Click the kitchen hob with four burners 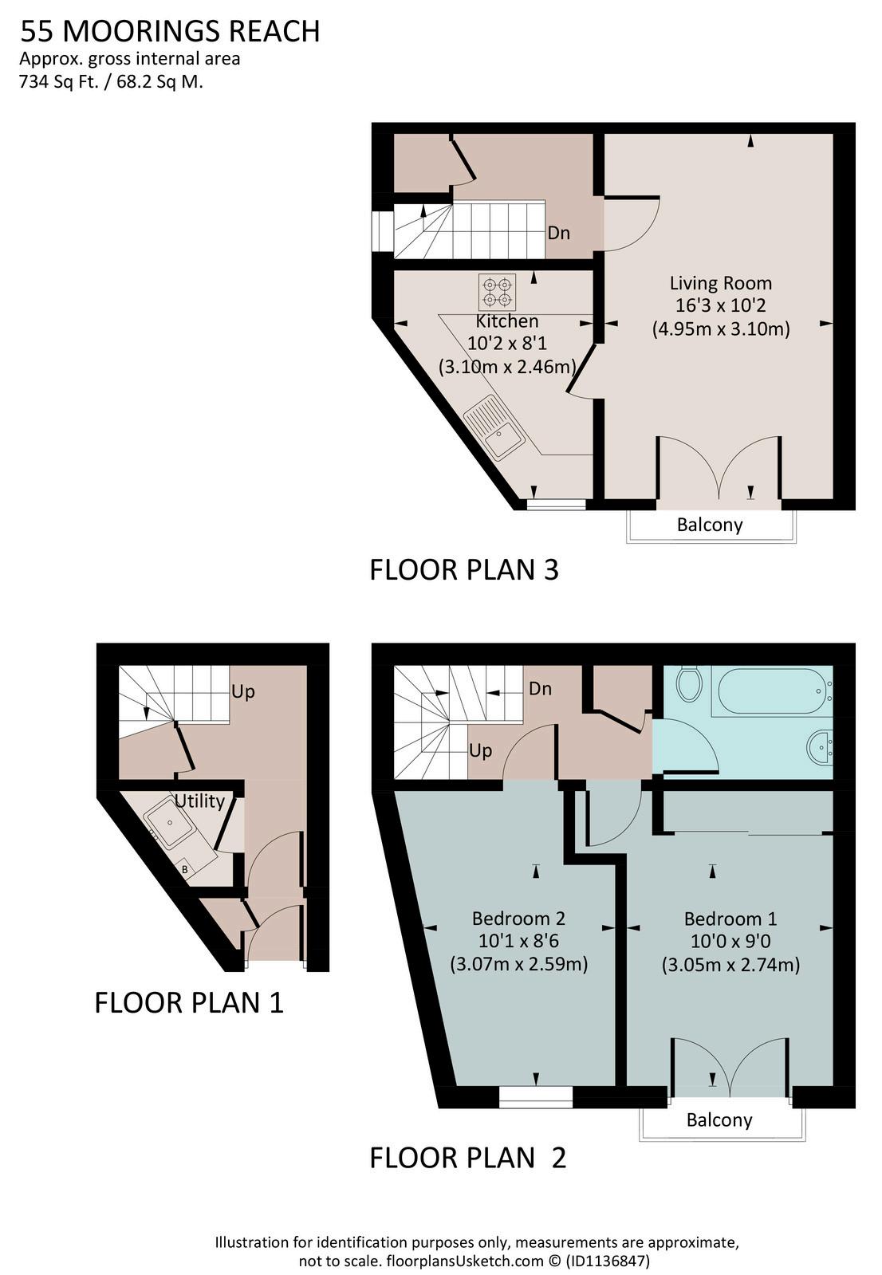497,292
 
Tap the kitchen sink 494,426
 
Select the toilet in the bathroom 690,685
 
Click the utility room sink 168,823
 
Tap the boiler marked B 185,870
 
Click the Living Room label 720,283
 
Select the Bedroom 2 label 518,918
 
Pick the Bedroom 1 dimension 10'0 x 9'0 730,941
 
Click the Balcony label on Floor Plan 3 710,524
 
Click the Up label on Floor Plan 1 242,692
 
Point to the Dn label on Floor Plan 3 558,233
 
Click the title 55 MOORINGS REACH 170,31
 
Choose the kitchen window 556,504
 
